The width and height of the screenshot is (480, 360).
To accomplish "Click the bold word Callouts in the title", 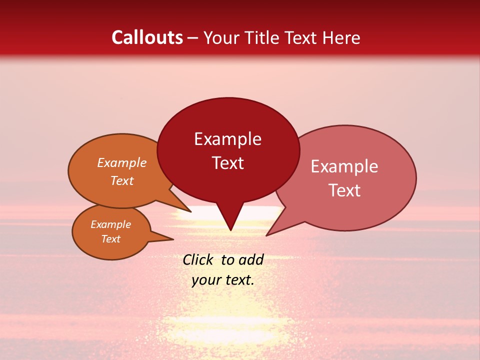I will (x=147, y=37).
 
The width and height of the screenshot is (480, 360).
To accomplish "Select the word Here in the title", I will (x=340, y=37).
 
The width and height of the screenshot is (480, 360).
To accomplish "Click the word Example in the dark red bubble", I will (x=227, y=139).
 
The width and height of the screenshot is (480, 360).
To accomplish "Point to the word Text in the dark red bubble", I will (x=227, y=163).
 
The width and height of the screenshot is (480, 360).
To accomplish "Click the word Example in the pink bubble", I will (x=344, y=166).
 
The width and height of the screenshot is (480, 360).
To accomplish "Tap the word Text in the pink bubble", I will (x=344, y=190).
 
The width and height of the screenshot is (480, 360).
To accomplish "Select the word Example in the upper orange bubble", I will (x=122, y=162).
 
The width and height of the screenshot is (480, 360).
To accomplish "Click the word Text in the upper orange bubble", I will (x=122, y=180).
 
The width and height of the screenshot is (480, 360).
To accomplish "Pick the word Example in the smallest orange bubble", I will (x=111, y=224).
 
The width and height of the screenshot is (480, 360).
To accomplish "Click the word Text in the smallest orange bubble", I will (x=111, y=239).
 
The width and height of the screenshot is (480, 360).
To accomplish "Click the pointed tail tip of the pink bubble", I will (x=266, y=235).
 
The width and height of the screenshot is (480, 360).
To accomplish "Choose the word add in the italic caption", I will (x=251, y=259).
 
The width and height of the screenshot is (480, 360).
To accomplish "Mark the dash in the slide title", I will (x=193, y=38).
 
